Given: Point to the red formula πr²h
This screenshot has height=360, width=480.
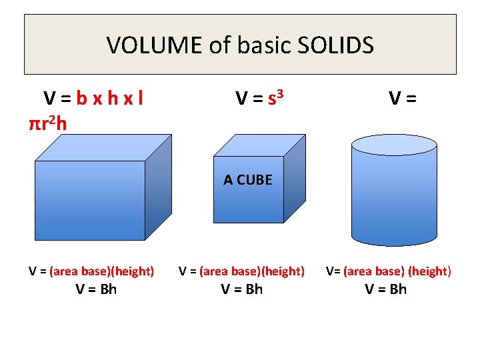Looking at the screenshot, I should [47, 123].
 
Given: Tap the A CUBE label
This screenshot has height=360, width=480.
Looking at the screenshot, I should [248, 180].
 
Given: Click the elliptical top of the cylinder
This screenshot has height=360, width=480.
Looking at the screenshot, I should [394, 145].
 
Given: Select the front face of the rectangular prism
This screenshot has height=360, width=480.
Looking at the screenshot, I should [90, 200].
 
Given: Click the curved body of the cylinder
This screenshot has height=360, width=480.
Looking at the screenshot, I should [394, 200].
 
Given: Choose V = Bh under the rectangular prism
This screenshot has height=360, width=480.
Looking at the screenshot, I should [96, 289].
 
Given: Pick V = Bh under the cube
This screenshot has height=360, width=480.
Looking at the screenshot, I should [242, 289].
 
